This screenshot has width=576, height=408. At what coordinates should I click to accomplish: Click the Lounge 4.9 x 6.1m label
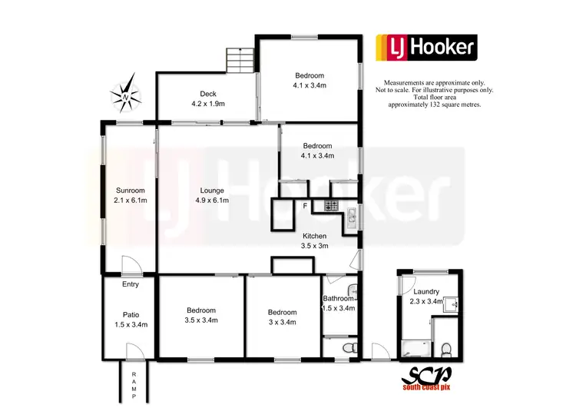[211, 195]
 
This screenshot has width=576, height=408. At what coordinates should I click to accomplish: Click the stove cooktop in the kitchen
[332, 206]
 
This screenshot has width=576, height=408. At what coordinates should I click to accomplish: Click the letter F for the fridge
[305, 206]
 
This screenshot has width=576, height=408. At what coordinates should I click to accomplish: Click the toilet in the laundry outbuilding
[446, 350]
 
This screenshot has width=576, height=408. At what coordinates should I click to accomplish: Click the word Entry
[131, 284]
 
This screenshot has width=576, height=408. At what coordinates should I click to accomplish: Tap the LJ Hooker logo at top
[425, 48]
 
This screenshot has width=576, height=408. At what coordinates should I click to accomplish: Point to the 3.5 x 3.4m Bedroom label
[201, 315]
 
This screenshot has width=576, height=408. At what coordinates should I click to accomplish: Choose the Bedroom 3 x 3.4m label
[282, 317]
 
